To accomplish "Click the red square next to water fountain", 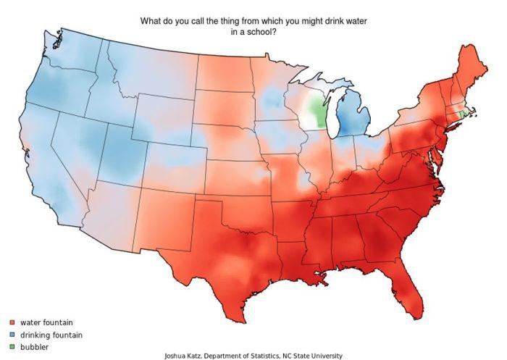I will tap(12, 322).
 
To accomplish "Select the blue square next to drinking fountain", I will tap(12, 335).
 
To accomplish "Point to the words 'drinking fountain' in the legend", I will tap(51, 335).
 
